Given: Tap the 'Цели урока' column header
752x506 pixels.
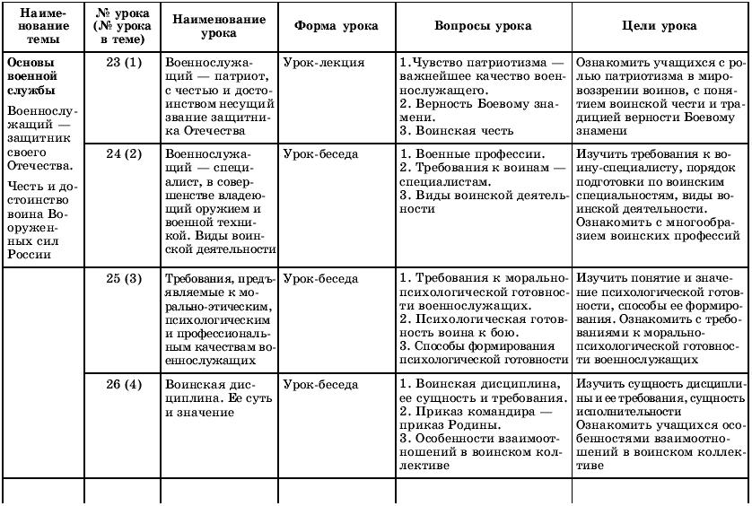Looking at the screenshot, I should point(659,26).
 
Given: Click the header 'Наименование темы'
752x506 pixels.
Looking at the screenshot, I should point(42,26).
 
